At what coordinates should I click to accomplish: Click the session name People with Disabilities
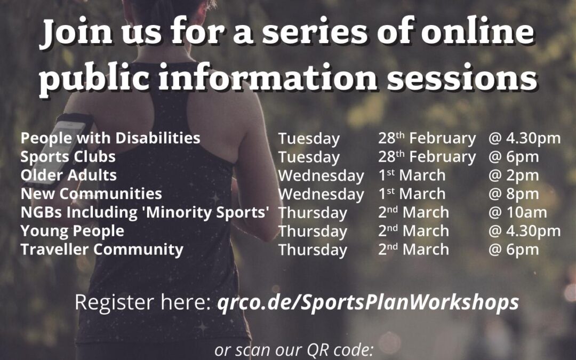(x=110, y=138)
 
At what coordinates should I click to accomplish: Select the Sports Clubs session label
(x=68, y=157)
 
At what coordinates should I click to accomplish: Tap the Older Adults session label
(x=69, y=175)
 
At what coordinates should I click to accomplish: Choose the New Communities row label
(x=91, y=194)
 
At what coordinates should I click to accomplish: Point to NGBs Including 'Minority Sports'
(x=145, y=212)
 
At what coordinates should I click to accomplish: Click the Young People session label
(x=73, y=231)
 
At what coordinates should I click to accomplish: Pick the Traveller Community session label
(x=102, y=250)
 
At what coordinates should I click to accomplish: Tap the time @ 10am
(x=517, y=212)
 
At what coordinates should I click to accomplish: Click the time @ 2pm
(x=514, y=175)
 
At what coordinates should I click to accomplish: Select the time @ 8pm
(x=514, y=194)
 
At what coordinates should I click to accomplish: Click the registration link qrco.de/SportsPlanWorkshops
(x=368, y=302)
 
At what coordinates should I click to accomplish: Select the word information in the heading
(x=268, y=77)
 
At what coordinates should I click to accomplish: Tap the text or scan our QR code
(x=294, y=350)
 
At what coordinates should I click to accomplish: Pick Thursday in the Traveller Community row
(x=313, y=250)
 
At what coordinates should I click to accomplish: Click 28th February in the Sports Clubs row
(x=427, y=157)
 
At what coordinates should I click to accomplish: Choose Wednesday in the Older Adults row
(x=321, y=176)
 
